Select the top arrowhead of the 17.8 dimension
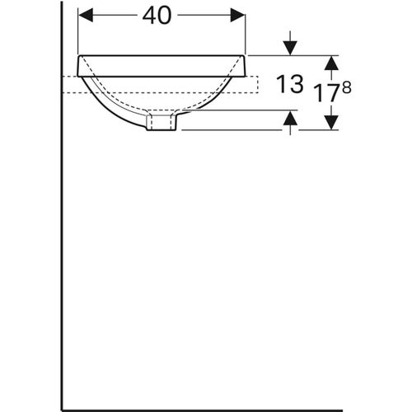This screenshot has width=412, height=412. [330, 63]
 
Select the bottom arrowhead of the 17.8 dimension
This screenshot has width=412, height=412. [330, 122]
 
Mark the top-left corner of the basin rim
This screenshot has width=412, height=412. [77, 55]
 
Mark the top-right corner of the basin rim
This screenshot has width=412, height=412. [246, 55]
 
